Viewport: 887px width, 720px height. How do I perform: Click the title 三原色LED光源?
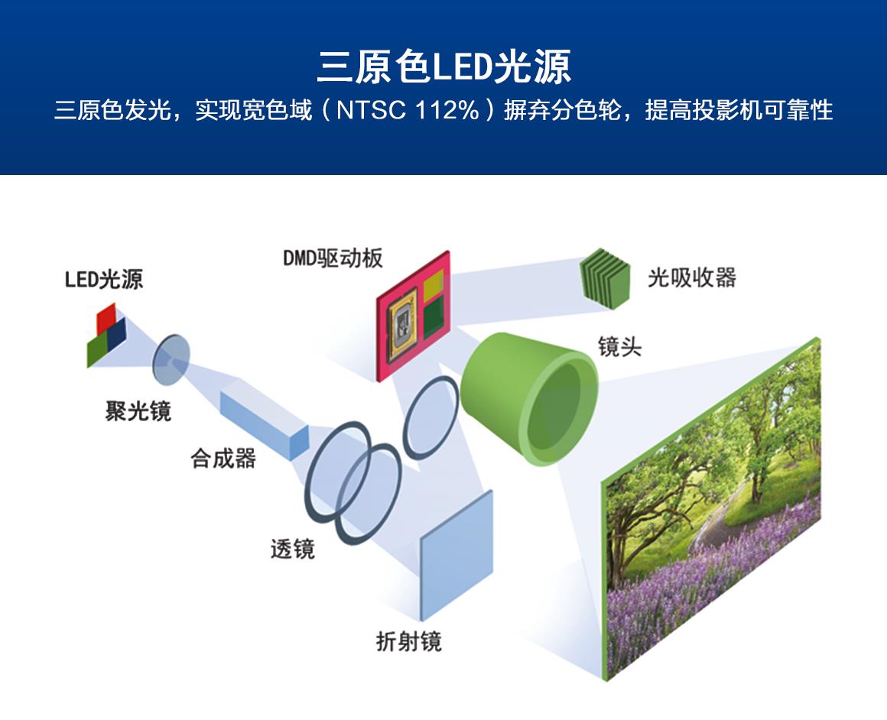coord(443,67)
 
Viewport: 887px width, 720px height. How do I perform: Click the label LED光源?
coord(103,280)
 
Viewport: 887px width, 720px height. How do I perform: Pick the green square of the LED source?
coord(97,350)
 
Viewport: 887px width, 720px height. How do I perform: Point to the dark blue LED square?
coord(117,334)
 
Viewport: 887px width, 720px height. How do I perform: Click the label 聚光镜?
coord(138,411)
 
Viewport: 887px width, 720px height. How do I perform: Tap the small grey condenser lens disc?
coord(170,358)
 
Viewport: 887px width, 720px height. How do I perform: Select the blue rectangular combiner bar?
coord(263,424)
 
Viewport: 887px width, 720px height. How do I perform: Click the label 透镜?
coord(292,549)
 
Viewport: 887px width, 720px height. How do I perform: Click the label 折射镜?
coord(408,641)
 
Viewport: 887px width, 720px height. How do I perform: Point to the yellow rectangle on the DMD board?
coord(433,285)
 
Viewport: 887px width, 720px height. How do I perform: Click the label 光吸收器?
coord(691,277)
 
